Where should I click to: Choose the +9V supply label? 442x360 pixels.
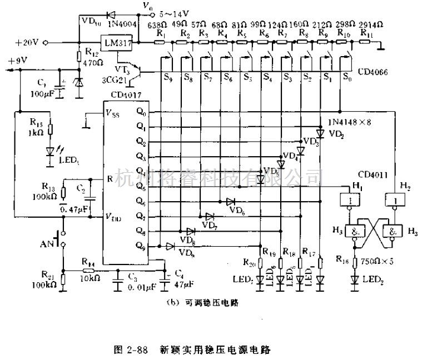tap(18, 61)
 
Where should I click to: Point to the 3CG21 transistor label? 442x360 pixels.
tap(113, 79)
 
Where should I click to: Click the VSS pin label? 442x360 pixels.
tap(113, 114)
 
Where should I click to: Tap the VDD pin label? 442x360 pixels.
tap(113, 217)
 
